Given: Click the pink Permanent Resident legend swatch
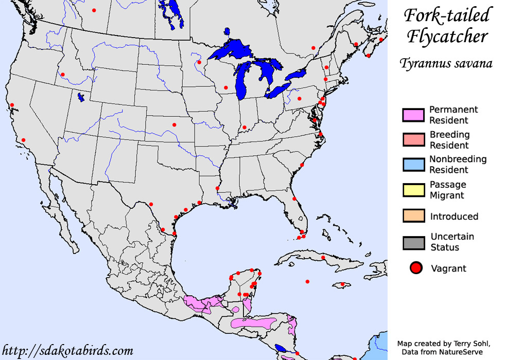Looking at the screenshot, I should (x=413, y=115).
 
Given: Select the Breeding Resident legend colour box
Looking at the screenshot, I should (x=413, y=140).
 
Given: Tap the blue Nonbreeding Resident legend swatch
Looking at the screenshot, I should (x=413, y=165).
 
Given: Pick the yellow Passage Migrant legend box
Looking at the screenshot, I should (x=413, y=190).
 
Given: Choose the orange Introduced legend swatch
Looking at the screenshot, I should (x=413, y=216).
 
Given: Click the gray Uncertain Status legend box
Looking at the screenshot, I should (x=413, y=242).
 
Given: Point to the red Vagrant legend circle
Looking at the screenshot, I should (x=416, y=268).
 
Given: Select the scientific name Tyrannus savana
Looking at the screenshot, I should (x=446, y=63).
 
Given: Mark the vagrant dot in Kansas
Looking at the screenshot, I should (x=174, y=124).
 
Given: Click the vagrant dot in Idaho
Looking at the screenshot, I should (x=63, y=75).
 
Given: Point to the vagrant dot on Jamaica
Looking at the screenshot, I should (x=342, y=284).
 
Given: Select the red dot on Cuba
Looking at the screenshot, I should (x=323, y=257).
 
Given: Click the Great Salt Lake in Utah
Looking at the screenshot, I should (x=81, y=97).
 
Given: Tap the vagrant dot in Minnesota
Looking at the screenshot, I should (x=199, y=63).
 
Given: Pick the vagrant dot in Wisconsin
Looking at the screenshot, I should (x=225, y=87).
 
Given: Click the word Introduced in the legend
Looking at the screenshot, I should (x=454, y=217).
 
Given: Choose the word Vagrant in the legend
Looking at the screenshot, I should (x=448, y=268).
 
